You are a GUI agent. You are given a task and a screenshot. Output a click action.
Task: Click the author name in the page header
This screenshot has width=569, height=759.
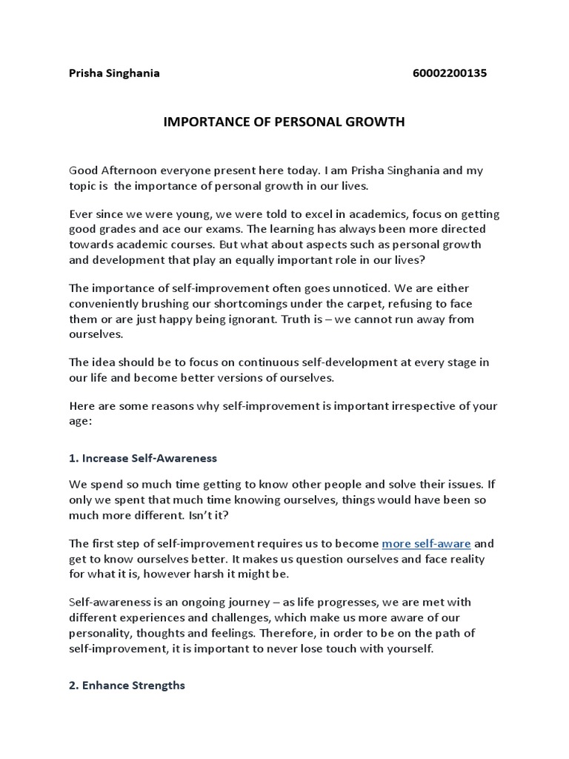[114, 73]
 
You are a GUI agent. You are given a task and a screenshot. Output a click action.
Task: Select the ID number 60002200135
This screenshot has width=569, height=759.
[449, 73]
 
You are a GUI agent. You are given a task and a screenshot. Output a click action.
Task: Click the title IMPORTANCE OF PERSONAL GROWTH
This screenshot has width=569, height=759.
[284, 122]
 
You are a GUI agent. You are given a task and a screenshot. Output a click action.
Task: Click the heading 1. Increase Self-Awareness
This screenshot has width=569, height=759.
[143, 458]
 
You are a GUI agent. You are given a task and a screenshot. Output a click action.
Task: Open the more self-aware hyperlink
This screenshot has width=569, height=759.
[426, 543]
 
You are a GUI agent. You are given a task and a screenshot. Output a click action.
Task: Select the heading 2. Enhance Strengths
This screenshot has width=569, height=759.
[127, 686]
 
